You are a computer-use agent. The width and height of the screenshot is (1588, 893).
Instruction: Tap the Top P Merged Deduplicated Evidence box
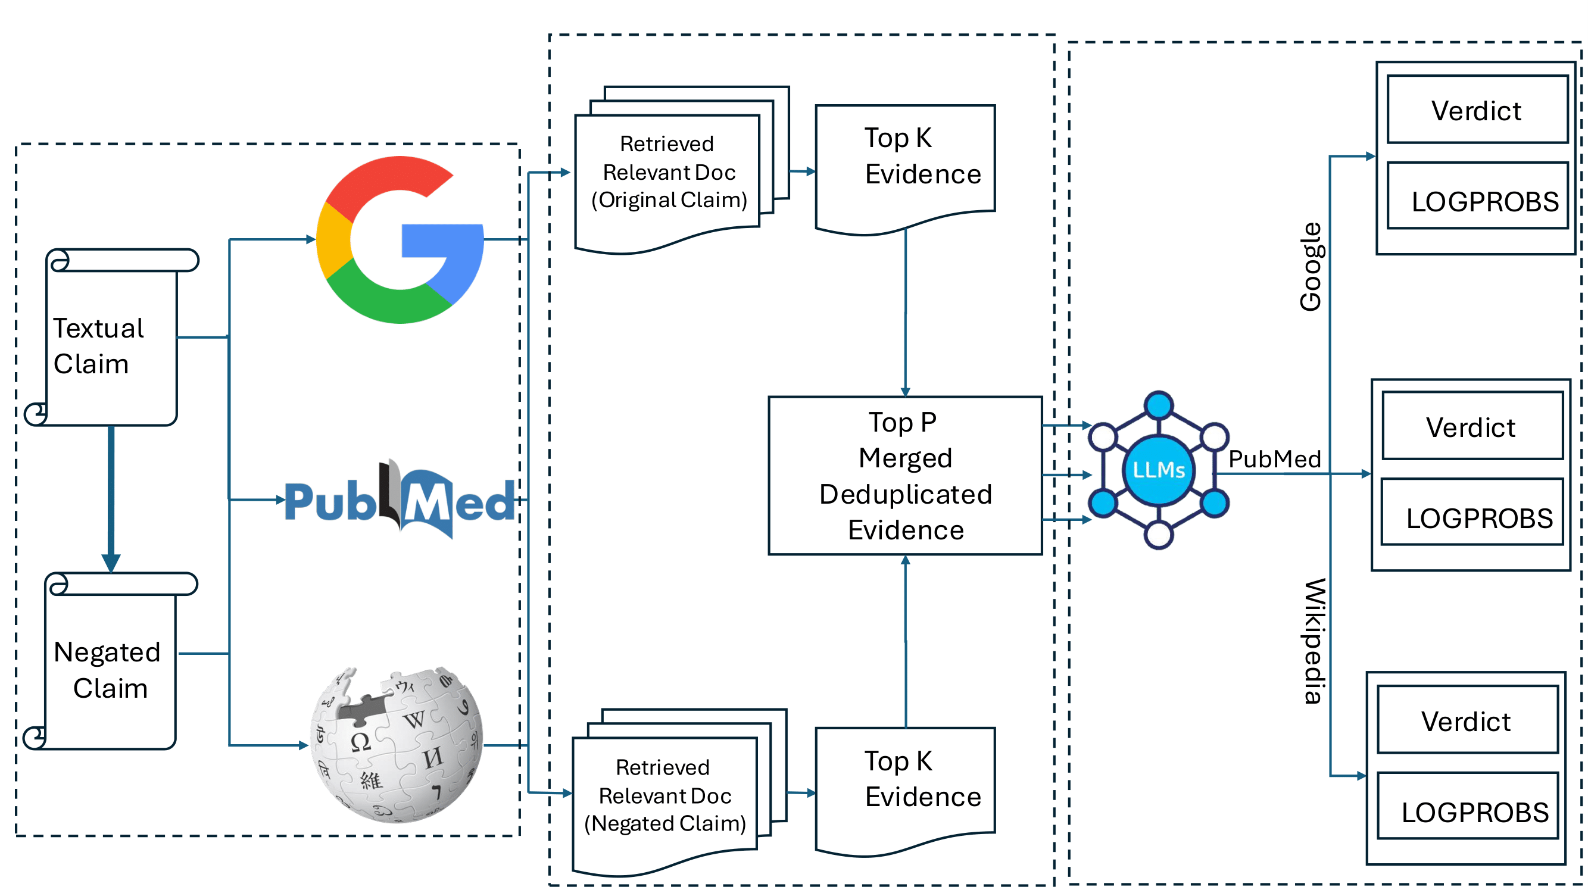tap(905, 476)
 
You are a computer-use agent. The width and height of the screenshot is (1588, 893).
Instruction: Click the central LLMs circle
tap(1158, 470)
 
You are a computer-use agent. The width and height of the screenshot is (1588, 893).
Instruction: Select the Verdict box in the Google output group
tap(1477, 110)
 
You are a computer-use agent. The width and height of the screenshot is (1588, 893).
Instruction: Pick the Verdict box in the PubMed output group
tap(1471, 426)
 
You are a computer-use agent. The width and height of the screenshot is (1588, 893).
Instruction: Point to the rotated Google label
tap(1311, 267)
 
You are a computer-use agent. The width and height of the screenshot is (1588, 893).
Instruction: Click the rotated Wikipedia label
tap(1313, 641)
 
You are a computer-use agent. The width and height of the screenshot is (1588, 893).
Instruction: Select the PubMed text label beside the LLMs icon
tap(1274, 459)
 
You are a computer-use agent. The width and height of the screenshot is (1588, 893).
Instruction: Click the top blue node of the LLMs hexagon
tap(1158, 405)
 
